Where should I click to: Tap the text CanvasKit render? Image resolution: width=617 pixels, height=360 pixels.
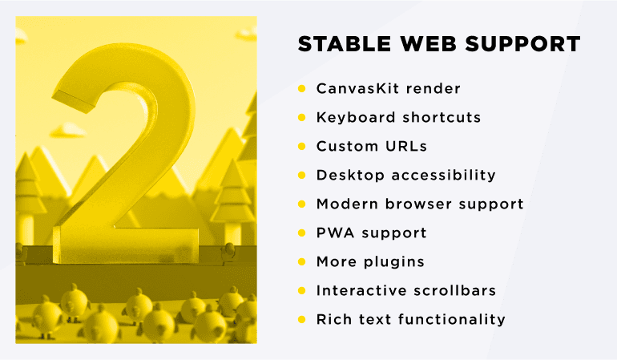coord(389,88)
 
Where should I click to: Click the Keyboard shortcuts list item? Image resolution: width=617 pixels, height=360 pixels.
coord(398,117)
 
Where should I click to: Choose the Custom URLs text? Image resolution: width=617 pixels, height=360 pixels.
coord(371,146)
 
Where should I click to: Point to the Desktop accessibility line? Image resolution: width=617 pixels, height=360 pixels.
coord(405,175)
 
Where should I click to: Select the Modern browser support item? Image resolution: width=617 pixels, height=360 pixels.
coord(420,204)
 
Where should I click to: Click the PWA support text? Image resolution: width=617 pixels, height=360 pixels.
coord(371,233)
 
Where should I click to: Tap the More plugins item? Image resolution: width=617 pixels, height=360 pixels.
coord(370,261)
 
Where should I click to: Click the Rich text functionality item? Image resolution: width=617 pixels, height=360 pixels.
coord(410,319)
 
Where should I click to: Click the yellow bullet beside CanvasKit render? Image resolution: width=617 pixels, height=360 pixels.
coord(302,88)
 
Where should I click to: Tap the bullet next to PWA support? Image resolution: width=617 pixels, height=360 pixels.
coord(302,233)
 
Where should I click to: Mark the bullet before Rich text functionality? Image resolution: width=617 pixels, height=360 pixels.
coord(302,319)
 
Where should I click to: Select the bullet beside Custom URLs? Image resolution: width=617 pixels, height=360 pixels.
coord(302,146)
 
